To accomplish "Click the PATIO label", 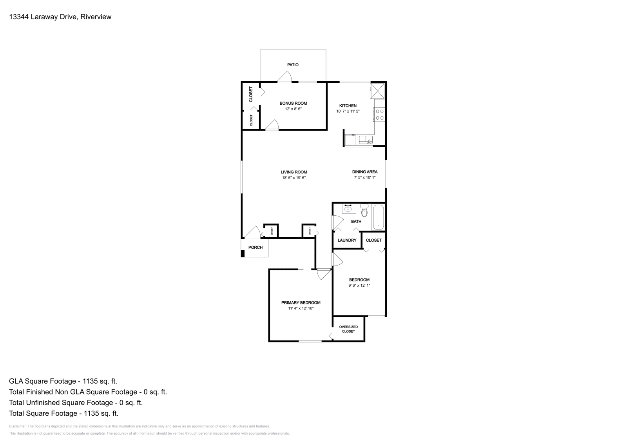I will click(x=293, y=65).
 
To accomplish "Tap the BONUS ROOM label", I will click(x=293, y=104).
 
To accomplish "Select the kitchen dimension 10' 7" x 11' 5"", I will click(x=348, y=111).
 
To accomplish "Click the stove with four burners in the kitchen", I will click(x=380, y=114).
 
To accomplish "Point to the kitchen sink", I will click(x=366, y=140).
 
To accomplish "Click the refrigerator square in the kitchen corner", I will click(x=378, y=91).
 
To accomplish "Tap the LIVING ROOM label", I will click(x=294, y=172).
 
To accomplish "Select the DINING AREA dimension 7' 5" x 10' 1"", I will click(x=364, y=178).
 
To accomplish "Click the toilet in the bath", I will click(x=364, y=211).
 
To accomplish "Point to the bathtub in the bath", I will click(x=378, y=217).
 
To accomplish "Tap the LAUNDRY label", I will click(x=347, y=240).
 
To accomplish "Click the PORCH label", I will click(x=256, y=247).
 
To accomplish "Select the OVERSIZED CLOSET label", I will click(x=348, y=329).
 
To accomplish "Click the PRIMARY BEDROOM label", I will click(x=301, y=303).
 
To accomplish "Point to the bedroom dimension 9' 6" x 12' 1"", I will click(x=359, y=286).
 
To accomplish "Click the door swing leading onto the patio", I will click(x=285, y=77).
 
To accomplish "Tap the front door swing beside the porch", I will click(x=253, y=232).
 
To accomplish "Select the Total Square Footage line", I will click(x=63, y=413).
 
